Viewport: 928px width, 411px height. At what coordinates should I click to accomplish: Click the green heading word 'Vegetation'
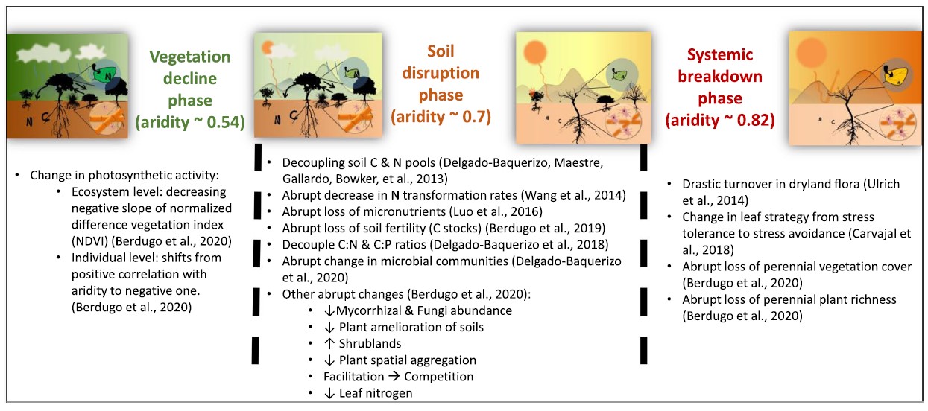tap(190, 57)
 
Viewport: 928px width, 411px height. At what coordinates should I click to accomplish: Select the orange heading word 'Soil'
tap(441, 51)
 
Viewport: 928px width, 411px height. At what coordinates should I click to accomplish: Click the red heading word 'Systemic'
tap(720, 54)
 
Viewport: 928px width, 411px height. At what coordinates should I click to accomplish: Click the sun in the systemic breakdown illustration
tap(811, 54)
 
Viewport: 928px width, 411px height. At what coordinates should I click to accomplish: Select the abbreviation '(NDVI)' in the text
tap(90, 241)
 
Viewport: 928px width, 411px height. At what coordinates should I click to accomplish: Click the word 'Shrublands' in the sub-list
tap(370, 343)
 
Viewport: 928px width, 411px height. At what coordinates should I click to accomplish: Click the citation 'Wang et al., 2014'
tap(572, 195)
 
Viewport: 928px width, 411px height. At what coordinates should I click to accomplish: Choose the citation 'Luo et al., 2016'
tap(496, 211)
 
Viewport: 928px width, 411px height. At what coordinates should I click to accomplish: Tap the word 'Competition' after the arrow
tap(439, 377)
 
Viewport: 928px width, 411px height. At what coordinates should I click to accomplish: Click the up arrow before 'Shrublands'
tap(329, 343)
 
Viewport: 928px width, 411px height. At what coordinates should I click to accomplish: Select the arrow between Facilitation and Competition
tap(394, 376)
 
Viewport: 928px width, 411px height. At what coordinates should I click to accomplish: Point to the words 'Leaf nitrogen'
tap(376, 393)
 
